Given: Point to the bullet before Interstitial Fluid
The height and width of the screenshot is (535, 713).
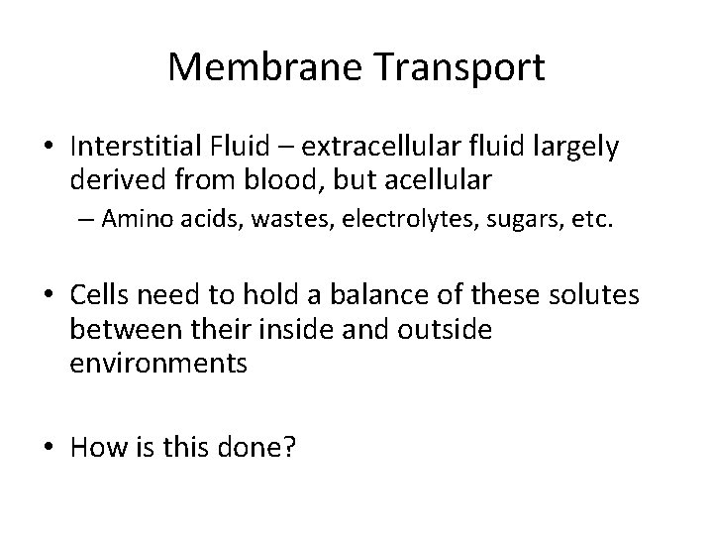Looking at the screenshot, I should pos(48,148).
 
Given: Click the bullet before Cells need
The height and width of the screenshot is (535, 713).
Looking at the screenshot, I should pos(48,297).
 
